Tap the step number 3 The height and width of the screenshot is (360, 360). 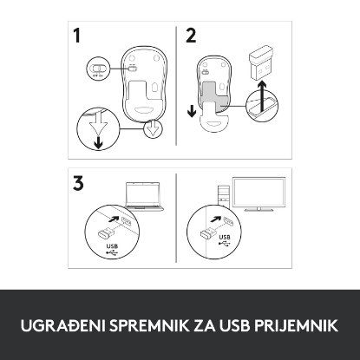[80, 184]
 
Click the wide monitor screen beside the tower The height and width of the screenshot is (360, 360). [253, 197]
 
